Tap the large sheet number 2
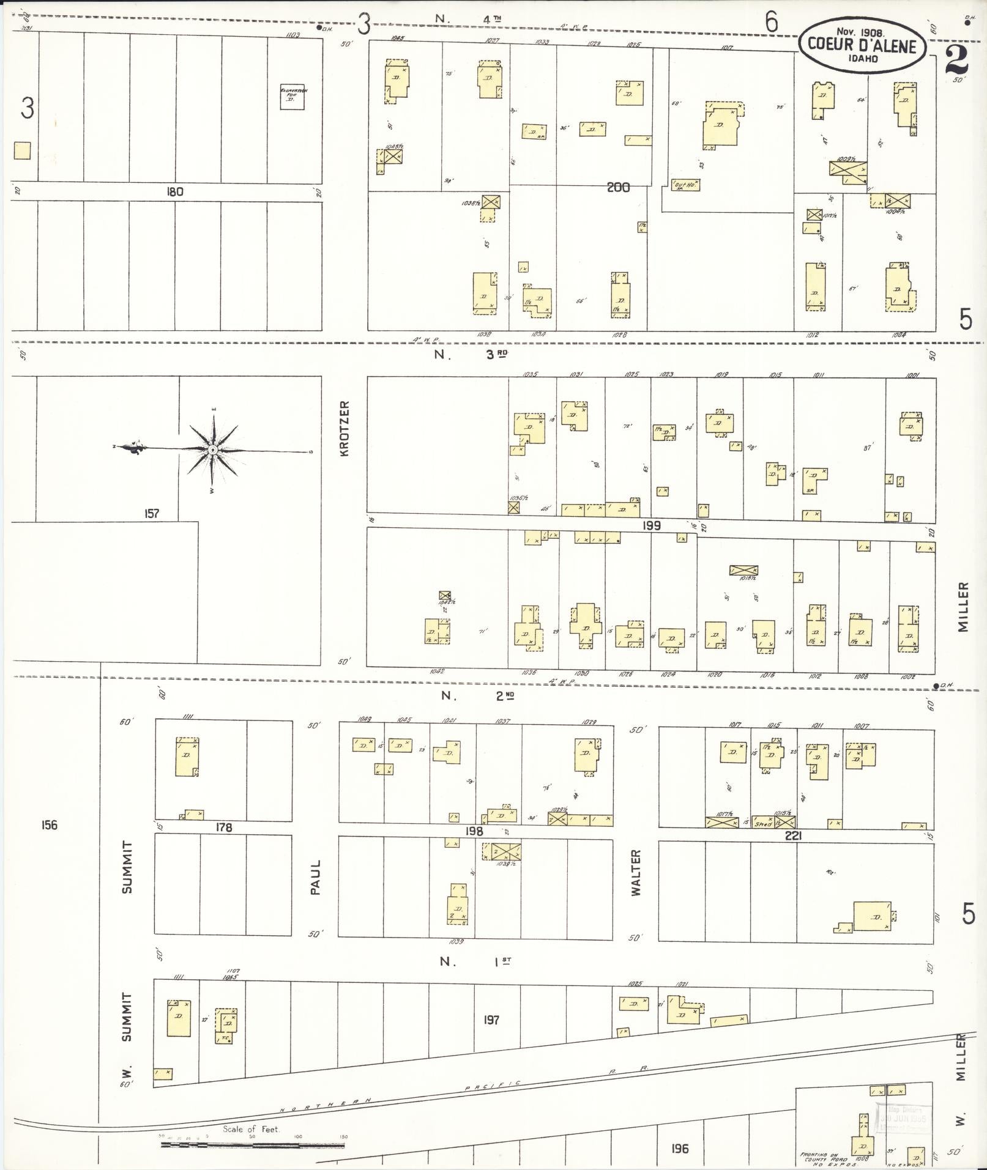[956, 60]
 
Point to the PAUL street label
[315, 878]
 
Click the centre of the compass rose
[212, 450]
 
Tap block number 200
[618, 187]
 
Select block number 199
[652, 525]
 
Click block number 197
[491, 1020]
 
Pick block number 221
[792, 835]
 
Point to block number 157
[151, 513]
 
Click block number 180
[174, 192]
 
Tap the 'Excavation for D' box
[293, 97]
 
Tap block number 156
[49, 825]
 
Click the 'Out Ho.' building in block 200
[685, 184]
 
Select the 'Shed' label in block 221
[763, 824]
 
